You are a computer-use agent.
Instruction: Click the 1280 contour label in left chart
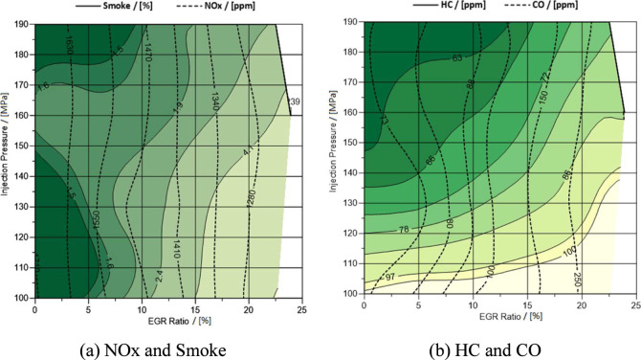pos(251,198)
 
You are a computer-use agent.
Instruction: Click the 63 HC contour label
pos(457,58)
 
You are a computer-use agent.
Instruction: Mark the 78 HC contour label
pos(402,230)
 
